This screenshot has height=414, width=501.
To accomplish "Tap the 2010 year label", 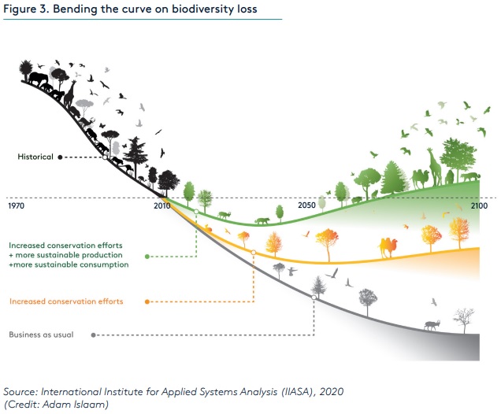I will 162,205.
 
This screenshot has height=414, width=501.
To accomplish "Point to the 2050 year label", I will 308,205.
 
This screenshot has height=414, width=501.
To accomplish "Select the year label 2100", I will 479,205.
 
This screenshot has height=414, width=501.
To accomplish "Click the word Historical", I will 35,157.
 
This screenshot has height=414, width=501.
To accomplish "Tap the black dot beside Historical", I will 60,157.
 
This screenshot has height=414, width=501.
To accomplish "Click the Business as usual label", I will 41,335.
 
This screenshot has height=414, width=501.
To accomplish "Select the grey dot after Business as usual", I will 94,335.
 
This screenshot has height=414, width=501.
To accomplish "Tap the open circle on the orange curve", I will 254,253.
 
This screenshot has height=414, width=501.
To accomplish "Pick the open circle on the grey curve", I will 314,297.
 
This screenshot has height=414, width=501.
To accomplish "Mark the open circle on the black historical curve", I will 105,157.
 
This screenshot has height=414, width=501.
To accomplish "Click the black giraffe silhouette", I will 70,91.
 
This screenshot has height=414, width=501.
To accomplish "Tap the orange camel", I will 389,247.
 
